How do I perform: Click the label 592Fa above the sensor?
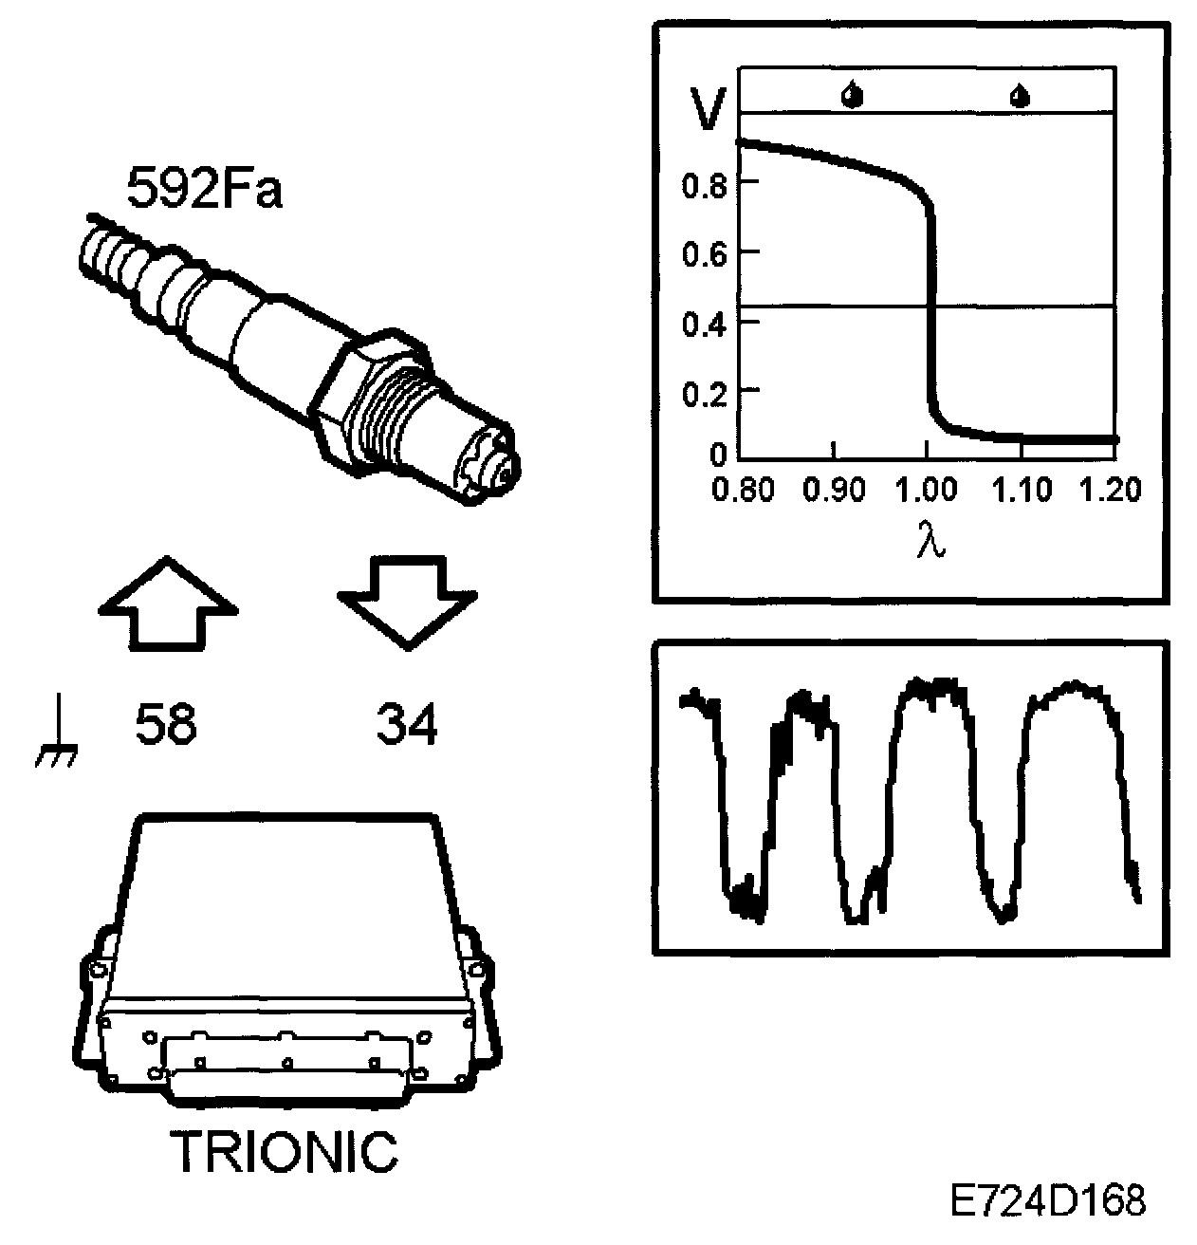click(204, 187)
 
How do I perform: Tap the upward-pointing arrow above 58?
click(168, 604)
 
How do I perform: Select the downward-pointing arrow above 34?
click(407, 603)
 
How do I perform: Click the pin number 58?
click(166, 723)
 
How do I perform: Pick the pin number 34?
click(407, 723)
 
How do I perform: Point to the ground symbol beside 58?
click(57, 729)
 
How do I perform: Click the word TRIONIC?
click(284, 1152)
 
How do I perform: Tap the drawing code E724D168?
click(1047, 1200)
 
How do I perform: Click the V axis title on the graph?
click(709, 109)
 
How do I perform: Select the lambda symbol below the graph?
click(931, 538)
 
